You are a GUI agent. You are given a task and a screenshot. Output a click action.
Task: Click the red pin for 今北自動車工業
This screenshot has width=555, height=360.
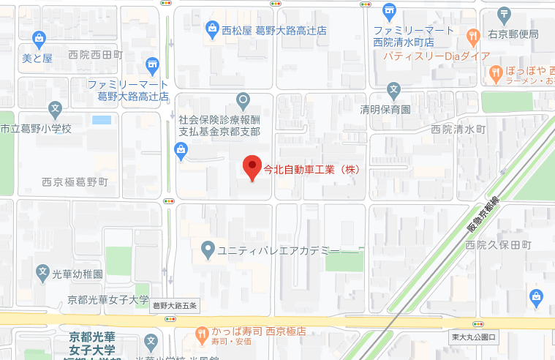[252, 168]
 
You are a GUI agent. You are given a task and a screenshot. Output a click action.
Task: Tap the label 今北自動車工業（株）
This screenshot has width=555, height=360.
[312, 168]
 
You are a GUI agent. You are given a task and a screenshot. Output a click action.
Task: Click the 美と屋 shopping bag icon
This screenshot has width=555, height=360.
[39, 38]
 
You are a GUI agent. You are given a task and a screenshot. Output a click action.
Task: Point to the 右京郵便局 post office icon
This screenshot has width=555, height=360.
[504, 14]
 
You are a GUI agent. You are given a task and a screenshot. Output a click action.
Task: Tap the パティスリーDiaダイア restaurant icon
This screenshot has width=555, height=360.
[472, 34]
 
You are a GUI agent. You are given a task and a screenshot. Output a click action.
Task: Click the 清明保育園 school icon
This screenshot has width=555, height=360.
[394, 91]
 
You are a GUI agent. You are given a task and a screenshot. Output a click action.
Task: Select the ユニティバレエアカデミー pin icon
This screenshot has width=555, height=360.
[208, 250]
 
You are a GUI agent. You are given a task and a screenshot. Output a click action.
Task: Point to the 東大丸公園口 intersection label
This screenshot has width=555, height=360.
[474, 337]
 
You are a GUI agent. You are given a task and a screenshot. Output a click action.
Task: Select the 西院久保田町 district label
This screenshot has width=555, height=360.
[497, 244]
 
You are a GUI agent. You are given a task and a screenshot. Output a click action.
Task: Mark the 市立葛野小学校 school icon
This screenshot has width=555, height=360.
[54, 110]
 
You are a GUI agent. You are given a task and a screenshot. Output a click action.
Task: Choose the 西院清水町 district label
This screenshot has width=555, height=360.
[458, 129]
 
